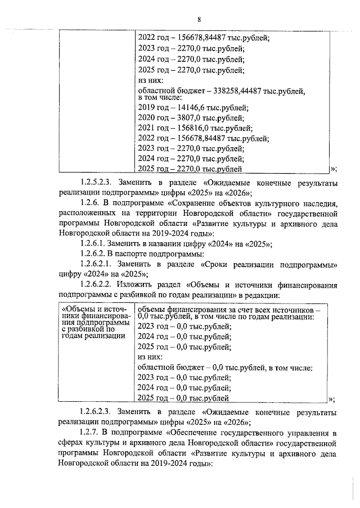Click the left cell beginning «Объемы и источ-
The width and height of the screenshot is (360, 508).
pyautogui.click(x=95, y=323)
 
